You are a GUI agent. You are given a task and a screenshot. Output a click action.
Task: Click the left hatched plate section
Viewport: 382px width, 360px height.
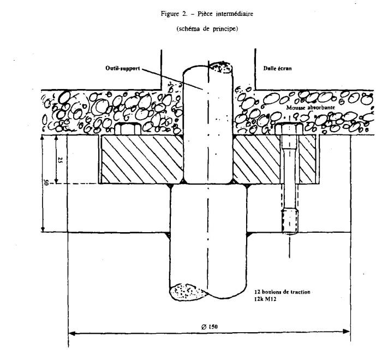[139, 158]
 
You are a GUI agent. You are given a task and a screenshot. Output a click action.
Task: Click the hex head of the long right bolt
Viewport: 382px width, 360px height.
[288, 131]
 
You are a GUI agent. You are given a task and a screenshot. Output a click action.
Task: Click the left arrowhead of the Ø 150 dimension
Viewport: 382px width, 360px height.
[71, 331]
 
